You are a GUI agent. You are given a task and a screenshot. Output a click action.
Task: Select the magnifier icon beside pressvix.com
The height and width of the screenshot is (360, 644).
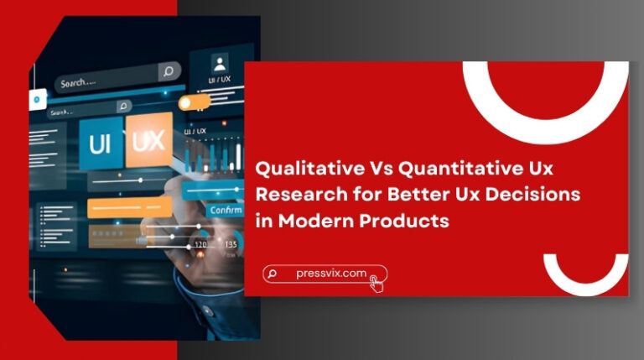click(x=272, y=274)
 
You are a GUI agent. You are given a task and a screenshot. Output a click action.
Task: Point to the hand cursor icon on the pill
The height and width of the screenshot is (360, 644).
click(x=377, y=283)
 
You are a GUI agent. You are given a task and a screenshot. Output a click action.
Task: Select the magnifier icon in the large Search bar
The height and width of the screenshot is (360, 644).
click(x=169, y=71)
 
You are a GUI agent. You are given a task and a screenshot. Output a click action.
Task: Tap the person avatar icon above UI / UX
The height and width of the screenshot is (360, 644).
click(x=220, y=63)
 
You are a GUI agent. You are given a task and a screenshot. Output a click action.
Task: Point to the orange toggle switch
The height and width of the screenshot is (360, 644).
click(x=195, y=102)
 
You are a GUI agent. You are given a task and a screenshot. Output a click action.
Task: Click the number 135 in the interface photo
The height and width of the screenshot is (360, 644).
click(x=231, y=244)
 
